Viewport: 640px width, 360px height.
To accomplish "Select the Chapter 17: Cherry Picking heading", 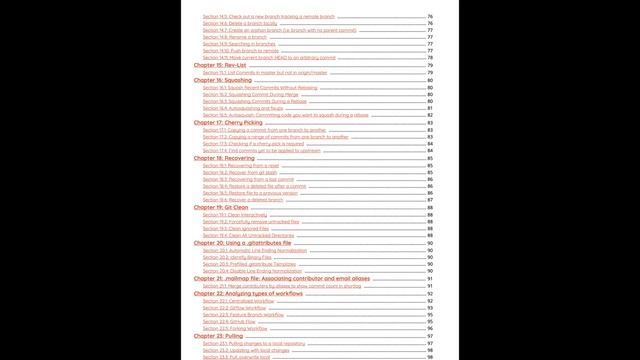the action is [227, 122].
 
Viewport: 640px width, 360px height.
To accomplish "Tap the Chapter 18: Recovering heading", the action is [222, 157].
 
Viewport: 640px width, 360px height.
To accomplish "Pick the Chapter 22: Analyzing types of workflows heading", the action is [247, 293].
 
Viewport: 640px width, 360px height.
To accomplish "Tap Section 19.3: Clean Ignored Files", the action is [237, 228].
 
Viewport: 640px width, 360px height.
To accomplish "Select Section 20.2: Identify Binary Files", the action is [237, 256].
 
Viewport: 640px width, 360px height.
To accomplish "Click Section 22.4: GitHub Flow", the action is [229, 321].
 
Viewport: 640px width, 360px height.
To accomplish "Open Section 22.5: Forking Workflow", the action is [235, 328].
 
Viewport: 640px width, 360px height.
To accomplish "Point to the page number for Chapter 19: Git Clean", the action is [429, 207].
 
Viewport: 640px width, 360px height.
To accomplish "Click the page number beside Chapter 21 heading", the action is [429, 278].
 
